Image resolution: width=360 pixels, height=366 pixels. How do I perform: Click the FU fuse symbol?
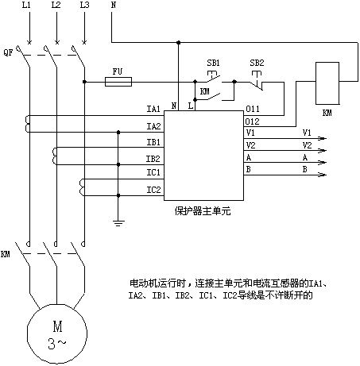point(118,82)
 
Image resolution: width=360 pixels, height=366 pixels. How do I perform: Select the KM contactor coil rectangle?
point(327,83)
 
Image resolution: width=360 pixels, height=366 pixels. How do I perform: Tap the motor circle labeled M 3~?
point(57,333)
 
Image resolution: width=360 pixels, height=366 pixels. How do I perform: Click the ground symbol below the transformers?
point(118,223)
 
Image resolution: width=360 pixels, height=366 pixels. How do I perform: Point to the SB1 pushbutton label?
point(213,63)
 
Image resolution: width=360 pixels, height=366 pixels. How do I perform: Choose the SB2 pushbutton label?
point(257,63)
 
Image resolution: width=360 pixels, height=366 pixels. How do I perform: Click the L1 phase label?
point(26,5)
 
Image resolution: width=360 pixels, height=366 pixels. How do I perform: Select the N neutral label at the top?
point(114,5)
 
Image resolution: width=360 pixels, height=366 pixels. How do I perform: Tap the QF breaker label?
point(8,52)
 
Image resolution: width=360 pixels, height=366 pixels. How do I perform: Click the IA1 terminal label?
point(153,109)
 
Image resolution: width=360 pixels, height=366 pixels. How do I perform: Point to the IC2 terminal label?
point(153,190)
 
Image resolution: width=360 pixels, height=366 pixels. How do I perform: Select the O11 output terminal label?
point(253,109)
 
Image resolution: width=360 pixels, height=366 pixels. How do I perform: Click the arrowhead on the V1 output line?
point(323,138)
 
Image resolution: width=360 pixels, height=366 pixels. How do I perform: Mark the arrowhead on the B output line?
point(323,175)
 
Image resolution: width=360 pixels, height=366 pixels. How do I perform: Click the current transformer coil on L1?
point(27,124)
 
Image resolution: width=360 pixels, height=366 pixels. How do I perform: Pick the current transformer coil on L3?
point(82,187)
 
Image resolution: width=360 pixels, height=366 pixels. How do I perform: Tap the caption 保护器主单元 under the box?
point(203,211)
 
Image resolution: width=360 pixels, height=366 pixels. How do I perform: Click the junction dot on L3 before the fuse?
point(84,82)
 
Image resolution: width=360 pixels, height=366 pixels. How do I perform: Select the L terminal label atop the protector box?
point(191,106)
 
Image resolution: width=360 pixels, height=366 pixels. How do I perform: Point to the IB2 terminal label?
point(153,159)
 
